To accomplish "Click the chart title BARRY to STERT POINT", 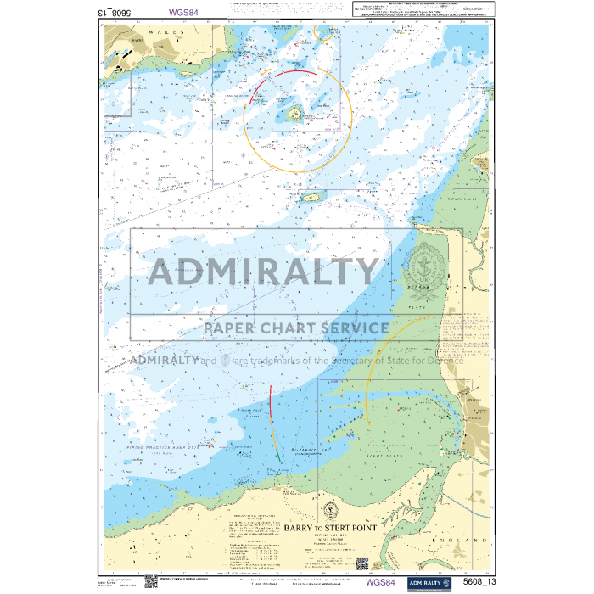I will (x=330, y=527).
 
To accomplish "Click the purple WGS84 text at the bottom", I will (x=379, y=583).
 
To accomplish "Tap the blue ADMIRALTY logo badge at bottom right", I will (x=428, y=583).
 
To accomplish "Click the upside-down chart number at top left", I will (x=115, y=13).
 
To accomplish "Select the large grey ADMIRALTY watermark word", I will (x=264, y=272).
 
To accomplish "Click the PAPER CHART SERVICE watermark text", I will (x=295, y=328).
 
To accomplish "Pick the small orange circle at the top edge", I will (x=323, y=32).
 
